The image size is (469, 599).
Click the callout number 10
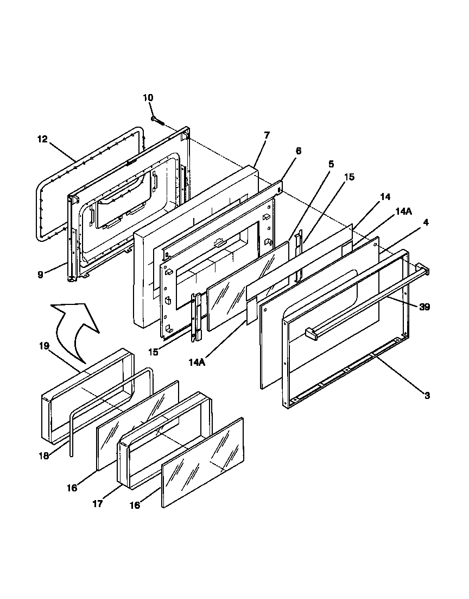148,98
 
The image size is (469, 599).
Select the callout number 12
43,139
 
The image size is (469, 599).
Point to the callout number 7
266,135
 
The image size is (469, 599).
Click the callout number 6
298,151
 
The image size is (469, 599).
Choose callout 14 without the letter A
385,197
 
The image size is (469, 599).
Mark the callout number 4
411,222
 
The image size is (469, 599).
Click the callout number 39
424,307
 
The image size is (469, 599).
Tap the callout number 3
427,396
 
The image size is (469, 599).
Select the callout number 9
40,275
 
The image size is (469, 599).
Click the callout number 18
44,456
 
